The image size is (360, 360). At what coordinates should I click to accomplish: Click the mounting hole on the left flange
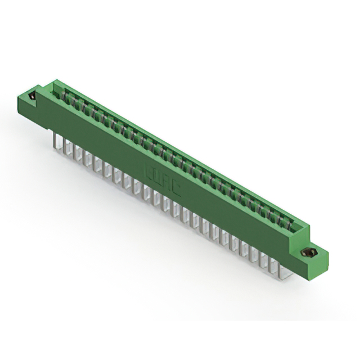coord(33,96)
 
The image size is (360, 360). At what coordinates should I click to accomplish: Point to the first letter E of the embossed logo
coord(150,170)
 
